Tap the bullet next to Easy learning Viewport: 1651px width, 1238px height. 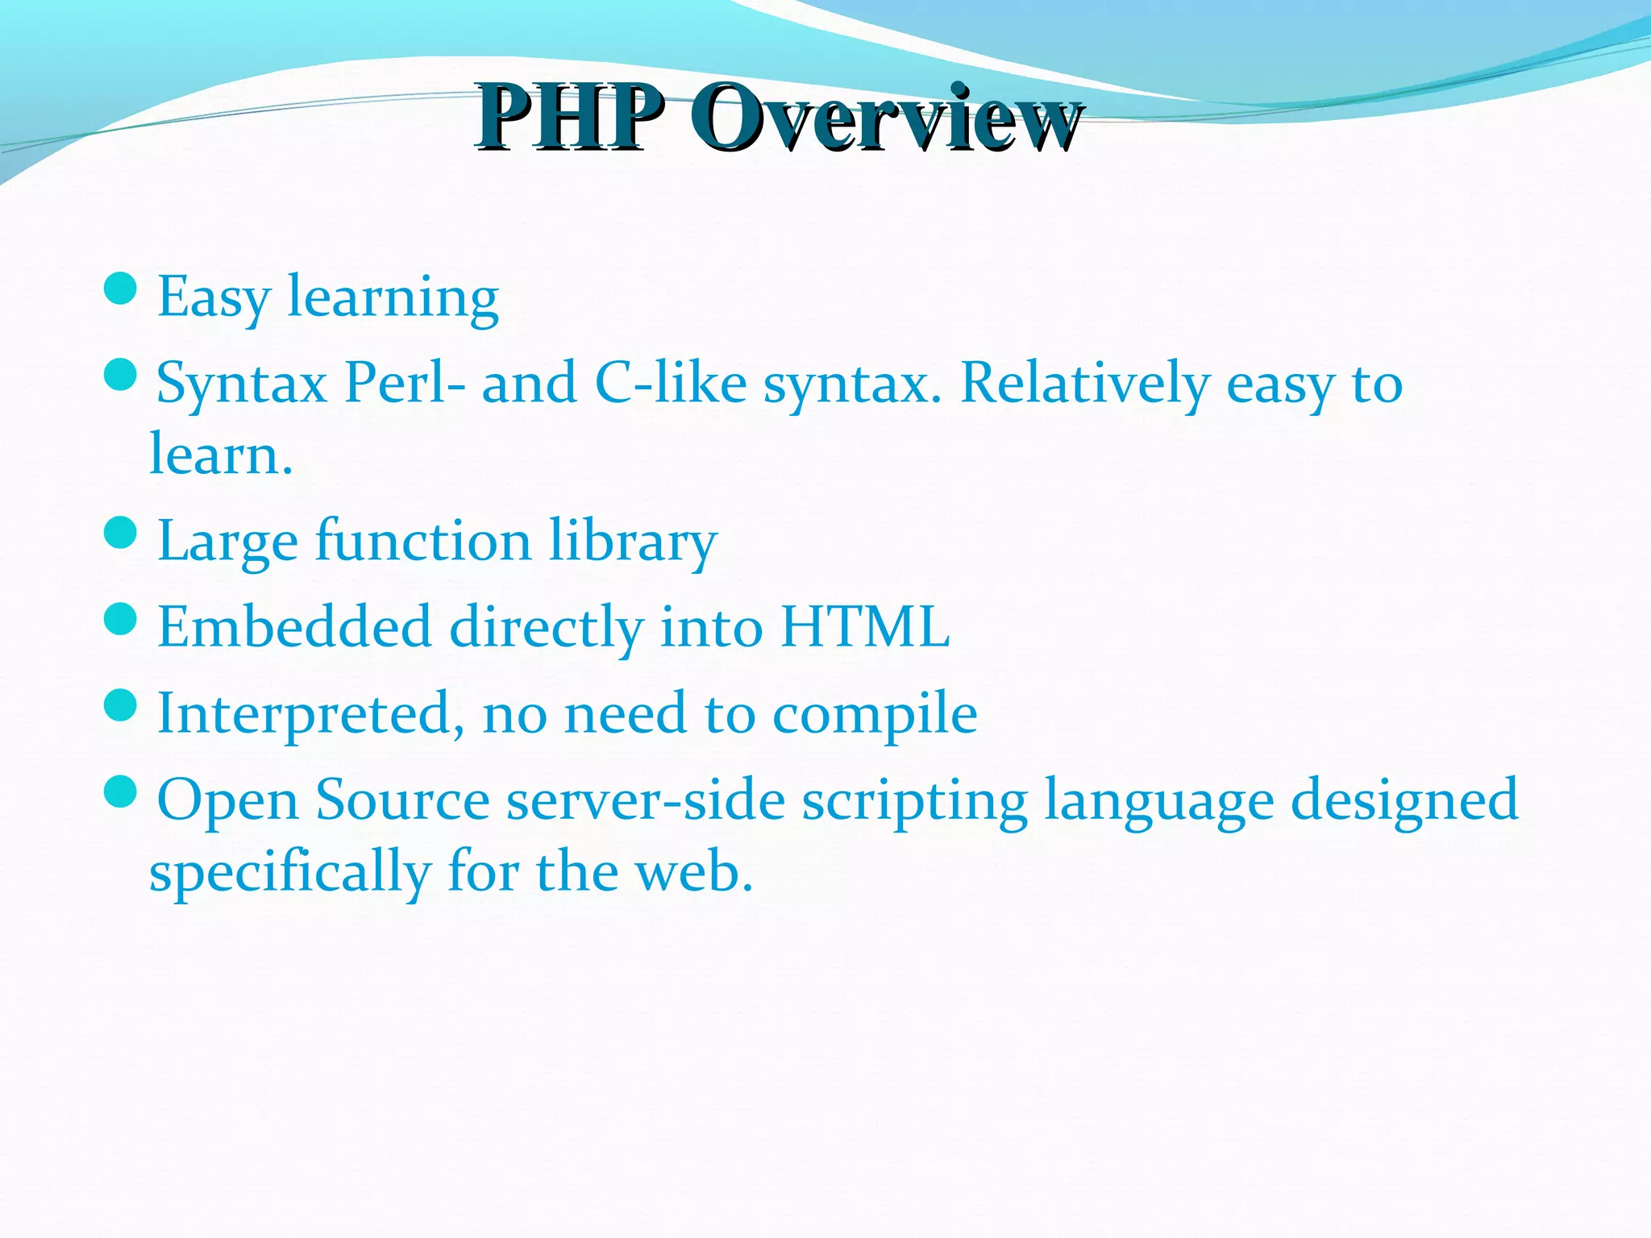[121, 289]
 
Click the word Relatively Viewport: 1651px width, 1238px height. [1084, 383]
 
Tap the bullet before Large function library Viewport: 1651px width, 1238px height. [121, 533]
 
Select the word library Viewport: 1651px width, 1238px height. [632, 542]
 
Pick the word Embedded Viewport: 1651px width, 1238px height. [294, 627]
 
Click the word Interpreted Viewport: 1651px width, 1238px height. [310, 714]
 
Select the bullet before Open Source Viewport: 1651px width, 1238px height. [121, 792]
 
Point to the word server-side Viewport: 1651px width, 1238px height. [645, 800]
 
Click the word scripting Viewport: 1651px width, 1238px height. [914, 802]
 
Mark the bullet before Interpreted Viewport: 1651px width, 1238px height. [121, 705]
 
